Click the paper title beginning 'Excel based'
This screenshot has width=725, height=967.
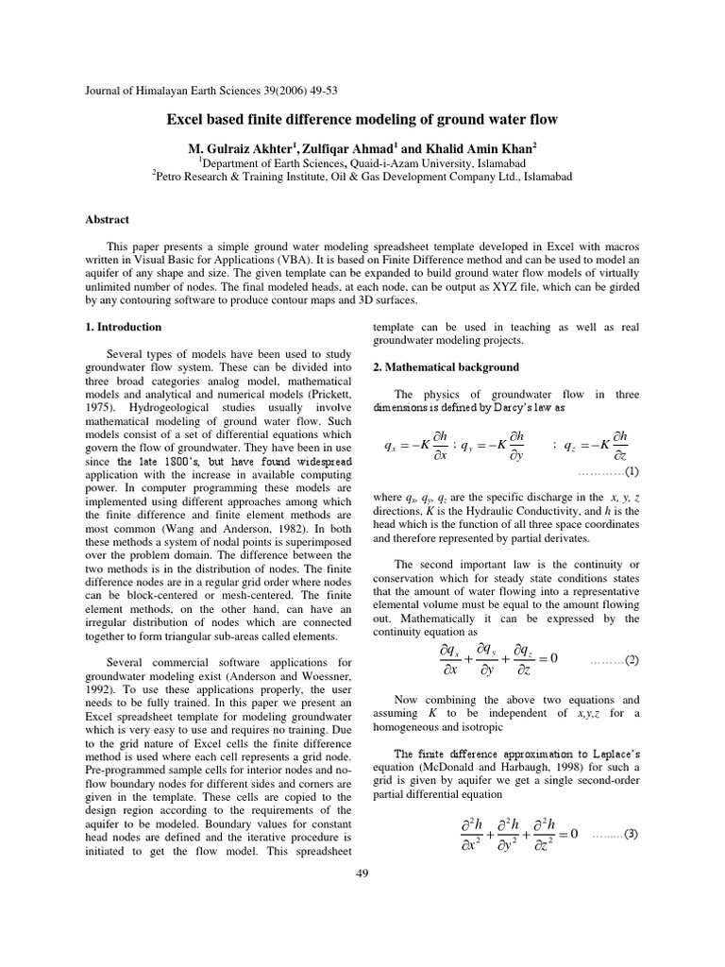click(362, 120)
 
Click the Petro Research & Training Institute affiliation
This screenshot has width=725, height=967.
click(362, 176)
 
